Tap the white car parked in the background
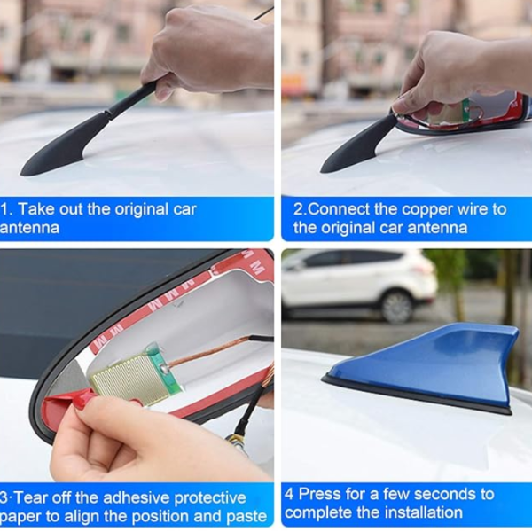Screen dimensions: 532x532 coord(360,285)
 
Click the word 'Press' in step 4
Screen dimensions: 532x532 coord(319,494)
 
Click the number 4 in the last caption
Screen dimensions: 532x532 coord(289,494)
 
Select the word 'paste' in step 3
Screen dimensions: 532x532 coord(246,517)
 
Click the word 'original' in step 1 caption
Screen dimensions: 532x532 coord(142,210)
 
